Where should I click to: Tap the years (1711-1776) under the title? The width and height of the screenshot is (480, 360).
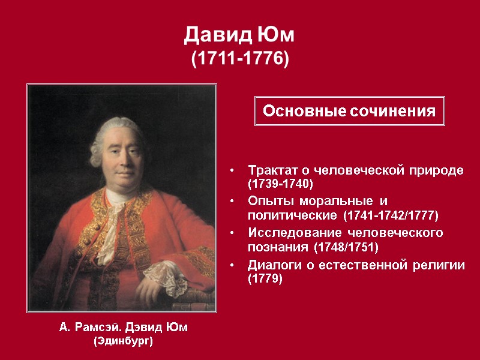click(240, 59)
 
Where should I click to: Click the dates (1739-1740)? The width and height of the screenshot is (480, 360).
click(281, 182)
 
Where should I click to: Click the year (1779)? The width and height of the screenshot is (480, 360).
click(265, 279)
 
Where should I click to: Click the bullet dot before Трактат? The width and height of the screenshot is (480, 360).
click(232, 171)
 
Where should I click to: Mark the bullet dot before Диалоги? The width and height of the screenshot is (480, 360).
click(232, 266)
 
